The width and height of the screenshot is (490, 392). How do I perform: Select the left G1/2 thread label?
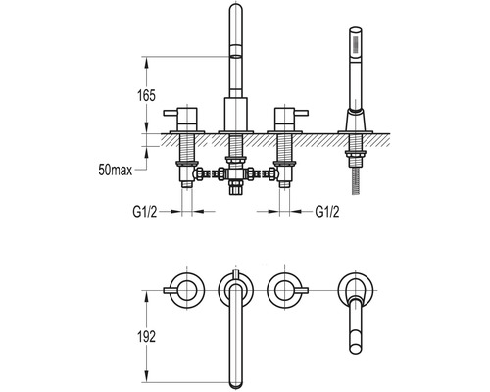click(145, 211)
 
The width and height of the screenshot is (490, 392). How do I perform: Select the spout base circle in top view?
click(233, 289)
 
